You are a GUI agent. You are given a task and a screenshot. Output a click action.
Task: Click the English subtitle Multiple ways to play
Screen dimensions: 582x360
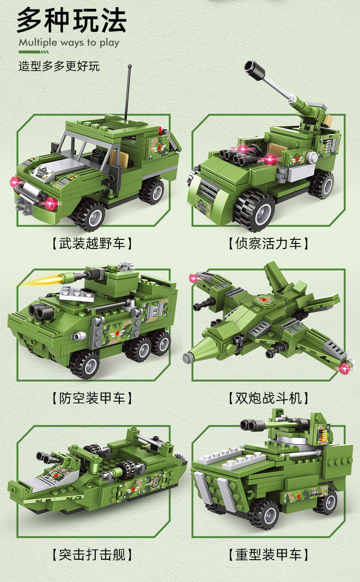(x=69, y=43)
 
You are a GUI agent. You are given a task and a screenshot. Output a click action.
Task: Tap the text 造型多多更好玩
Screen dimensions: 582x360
(x=59, y=66)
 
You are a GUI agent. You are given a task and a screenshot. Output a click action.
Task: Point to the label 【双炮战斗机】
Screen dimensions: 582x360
(x=268, y=399)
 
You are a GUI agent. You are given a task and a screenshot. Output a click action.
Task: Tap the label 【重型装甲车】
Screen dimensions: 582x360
(x=268, y=554)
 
